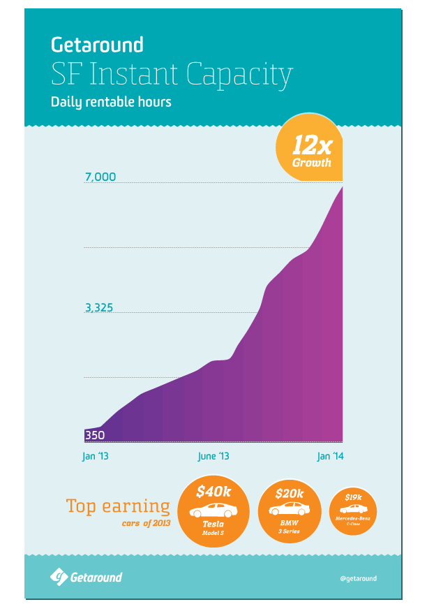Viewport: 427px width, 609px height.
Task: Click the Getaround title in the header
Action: click(97, 45)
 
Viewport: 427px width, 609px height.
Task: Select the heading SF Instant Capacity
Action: click(171, 73)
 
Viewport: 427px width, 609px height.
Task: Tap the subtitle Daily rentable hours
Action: click(111, 102)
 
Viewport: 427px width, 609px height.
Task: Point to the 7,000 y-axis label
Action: click(100, 177)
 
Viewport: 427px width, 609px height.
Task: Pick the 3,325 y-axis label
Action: click(100, 308)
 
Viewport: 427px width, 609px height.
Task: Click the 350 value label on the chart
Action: click(95, 435)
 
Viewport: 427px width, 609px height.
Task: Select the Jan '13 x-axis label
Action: click(96, 456)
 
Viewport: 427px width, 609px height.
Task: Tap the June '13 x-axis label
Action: click(213, 456)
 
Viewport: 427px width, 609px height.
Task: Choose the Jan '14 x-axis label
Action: click(331, 456)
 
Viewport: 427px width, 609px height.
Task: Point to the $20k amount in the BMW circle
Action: click(290, 494)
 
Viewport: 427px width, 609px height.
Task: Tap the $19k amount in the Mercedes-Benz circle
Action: click(353, 497)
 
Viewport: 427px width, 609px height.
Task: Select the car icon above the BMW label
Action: click(290, 509)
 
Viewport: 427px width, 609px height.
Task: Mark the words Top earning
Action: click(117, 506)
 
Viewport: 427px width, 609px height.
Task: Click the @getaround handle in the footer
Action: click(358, 578)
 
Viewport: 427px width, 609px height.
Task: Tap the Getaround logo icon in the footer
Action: click(58, 577)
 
